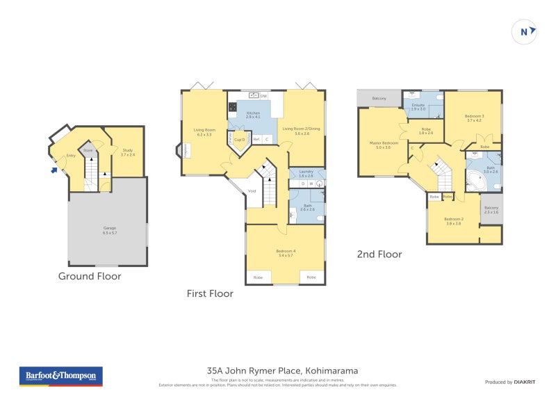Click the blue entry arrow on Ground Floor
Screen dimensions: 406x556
click(55, 168)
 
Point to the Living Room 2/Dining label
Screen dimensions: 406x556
click(302, 131)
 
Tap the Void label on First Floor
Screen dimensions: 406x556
click(252, 190)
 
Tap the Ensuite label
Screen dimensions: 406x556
click(418, 107)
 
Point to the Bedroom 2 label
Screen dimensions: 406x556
click(453, 221)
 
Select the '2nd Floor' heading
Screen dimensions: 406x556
click(379, 254)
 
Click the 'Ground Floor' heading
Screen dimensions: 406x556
click(90, 276)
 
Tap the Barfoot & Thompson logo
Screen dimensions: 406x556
click(60, 376)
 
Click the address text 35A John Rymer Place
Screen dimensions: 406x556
click(282, 371)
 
